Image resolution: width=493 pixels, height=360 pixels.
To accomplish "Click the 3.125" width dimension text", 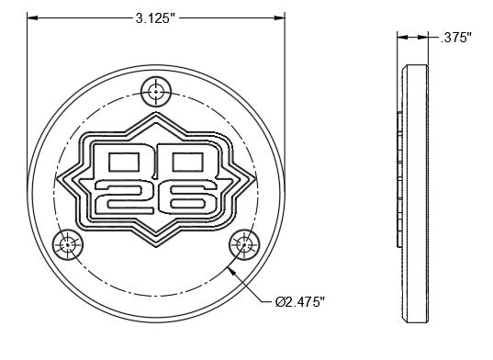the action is click(155, 18).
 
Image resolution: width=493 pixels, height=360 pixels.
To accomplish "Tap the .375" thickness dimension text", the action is click(456, 38).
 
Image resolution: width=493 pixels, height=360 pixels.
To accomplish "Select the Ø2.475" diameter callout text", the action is click(299, 302).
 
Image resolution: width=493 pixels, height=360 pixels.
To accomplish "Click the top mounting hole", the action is click(156, 92).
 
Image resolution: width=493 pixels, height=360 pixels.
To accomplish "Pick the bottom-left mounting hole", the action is click(68, 245).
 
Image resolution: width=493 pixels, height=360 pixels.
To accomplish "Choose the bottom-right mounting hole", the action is click(244, 244).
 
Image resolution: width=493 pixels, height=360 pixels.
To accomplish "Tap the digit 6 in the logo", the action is click(187, 197).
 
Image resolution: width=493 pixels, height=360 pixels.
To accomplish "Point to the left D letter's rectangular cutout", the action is click(124, 163).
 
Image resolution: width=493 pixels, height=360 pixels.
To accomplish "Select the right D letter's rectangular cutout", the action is click(187, 163).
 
